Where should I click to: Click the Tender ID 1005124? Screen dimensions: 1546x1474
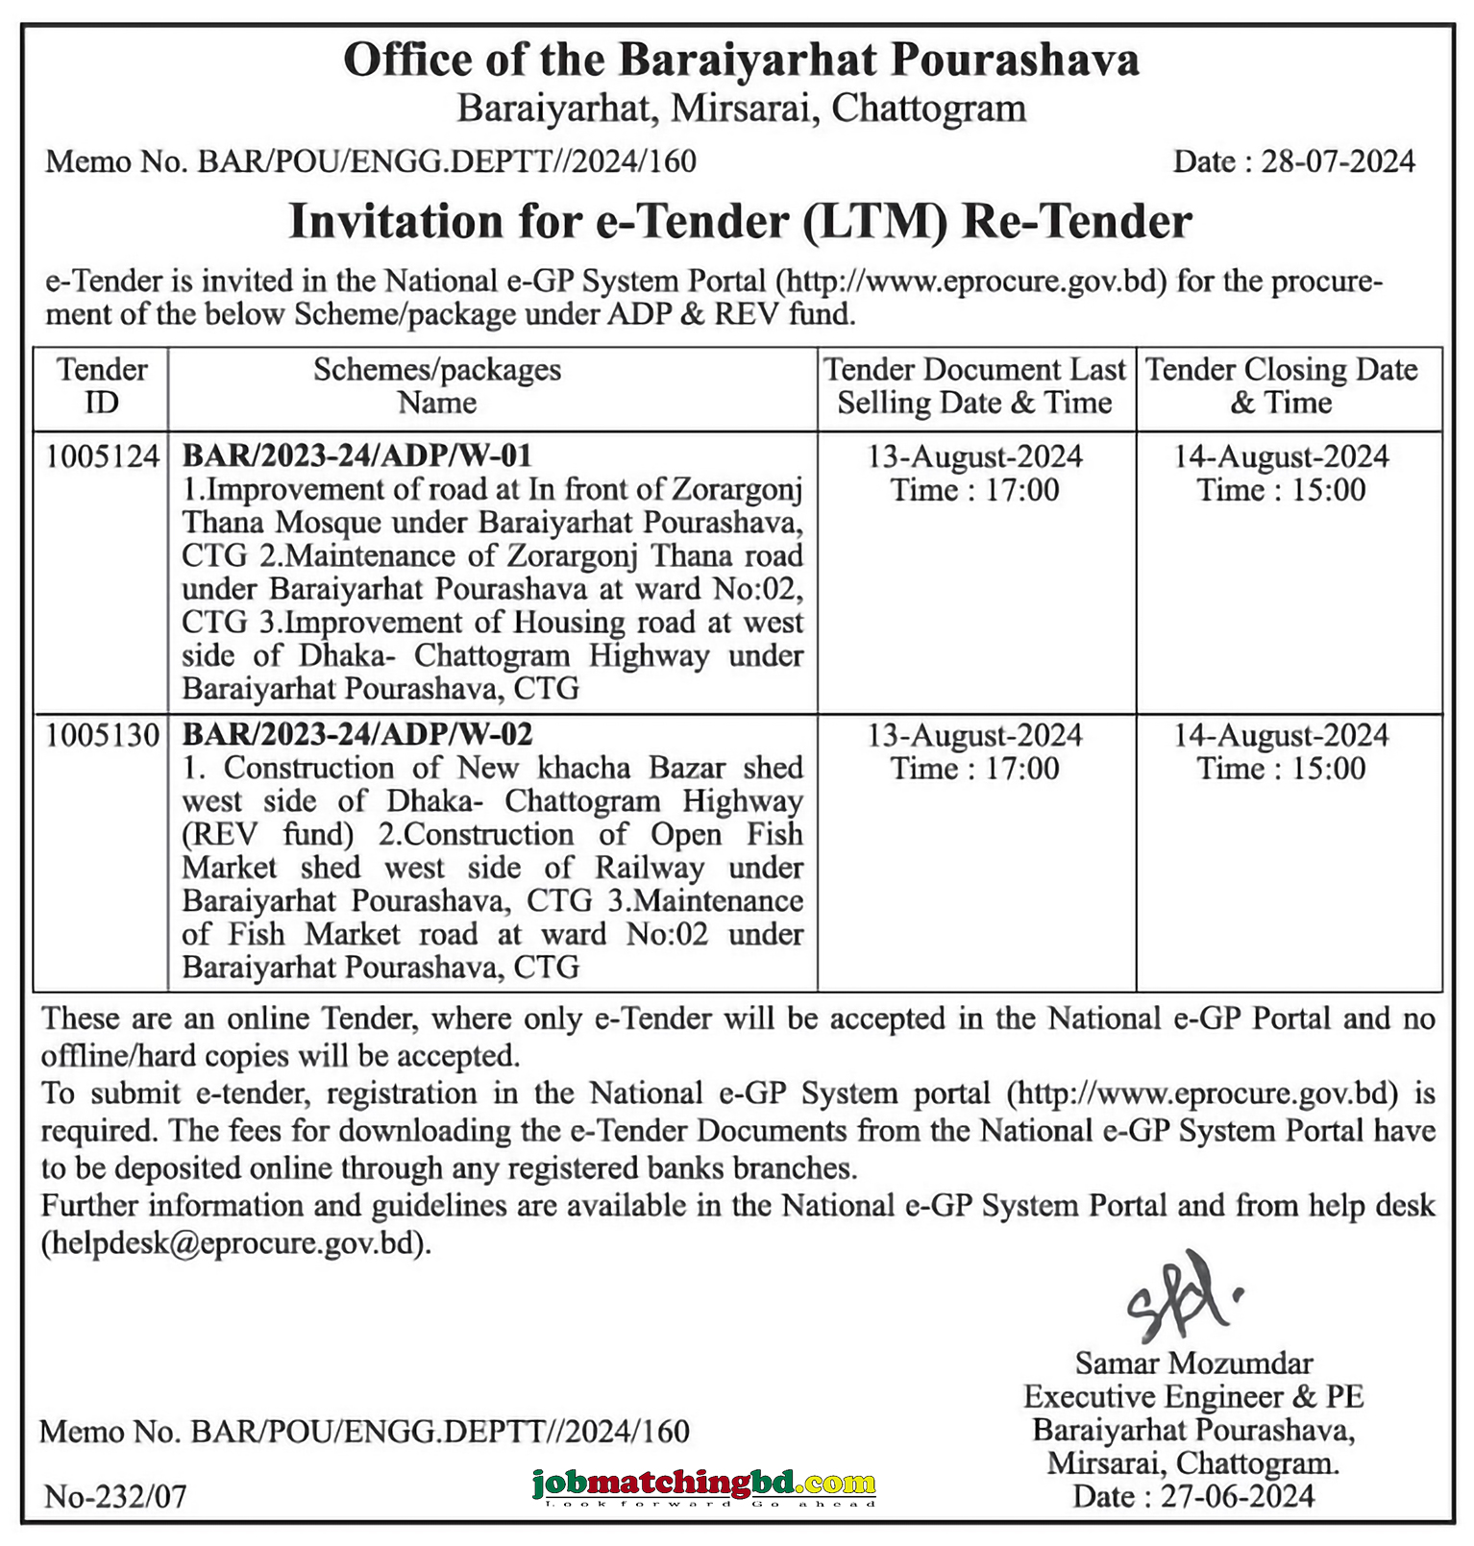click(102, 455)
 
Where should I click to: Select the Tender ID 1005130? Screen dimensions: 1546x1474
click(102, 735)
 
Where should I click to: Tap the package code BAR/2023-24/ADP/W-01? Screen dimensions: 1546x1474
click(356, 455)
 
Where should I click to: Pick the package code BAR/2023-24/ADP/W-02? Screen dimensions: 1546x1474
click(356, 735)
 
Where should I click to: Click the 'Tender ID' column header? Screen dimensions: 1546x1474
click(102, 385)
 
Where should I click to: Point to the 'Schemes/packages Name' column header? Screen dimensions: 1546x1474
click(437, 385)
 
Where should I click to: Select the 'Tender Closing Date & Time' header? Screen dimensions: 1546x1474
click(1281, 385)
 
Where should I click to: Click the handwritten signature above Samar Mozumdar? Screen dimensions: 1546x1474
click(1181, 1298)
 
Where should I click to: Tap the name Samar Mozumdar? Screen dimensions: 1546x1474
click(1193, 1363)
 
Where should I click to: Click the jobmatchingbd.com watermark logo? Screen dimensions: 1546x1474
click(704, 1485)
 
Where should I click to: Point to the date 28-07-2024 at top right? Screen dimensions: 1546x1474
click(1338, 161)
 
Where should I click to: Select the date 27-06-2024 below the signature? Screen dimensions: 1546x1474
click(1237, 1496)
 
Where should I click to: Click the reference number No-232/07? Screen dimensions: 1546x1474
click(115, 1496)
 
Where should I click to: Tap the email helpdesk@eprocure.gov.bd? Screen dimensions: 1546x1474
click(235, 1243)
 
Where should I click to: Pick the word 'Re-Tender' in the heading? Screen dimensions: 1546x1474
click(1076, 222)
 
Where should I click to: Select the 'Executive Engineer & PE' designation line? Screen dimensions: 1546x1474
click(1193, 1396)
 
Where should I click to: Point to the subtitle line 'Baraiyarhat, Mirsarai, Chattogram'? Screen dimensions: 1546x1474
click(741, 109)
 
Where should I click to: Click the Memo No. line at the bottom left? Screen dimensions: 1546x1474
click(364, 1432)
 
